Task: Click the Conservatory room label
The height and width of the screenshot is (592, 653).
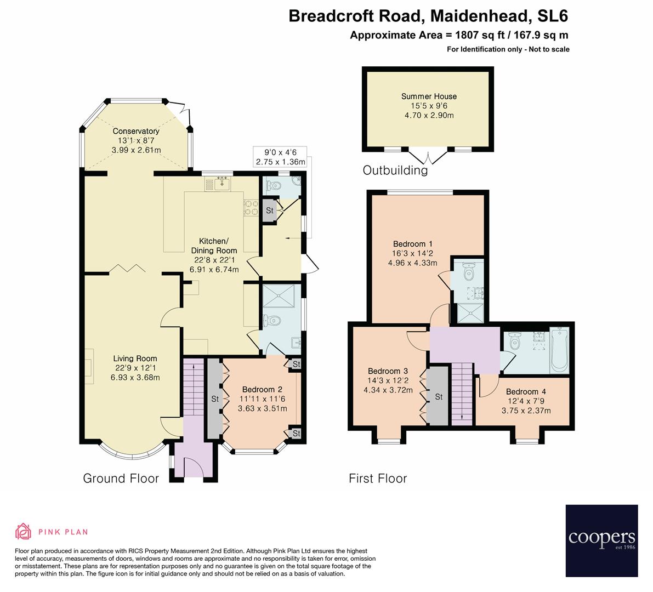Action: (136, 131)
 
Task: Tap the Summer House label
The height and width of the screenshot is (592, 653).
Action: (429, 96)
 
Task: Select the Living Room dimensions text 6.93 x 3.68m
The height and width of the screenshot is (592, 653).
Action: (135, 378)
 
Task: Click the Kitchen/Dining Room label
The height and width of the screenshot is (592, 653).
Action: (213, 246)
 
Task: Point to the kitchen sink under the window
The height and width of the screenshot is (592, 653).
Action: (223, 183)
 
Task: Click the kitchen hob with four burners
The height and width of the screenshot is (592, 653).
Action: (251, 207)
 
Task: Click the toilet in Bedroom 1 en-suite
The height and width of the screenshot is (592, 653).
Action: (468, 271)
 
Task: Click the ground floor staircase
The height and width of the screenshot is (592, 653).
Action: (192, 384)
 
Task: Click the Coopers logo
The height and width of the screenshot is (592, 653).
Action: (601, 541)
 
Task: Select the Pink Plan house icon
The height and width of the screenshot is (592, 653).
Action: (23, 531)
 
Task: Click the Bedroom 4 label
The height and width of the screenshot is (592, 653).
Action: (526, 391)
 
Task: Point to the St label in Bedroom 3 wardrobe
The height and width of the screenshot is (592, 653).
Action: (439, 397)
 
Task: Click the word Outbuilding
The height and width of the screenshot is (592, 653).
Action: (395, 170)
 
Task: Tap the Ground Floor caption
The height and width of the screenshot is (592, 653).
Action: (121, 479)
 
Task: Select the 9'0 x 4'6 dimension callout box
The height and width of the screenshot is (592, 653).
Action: (279, 157)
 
